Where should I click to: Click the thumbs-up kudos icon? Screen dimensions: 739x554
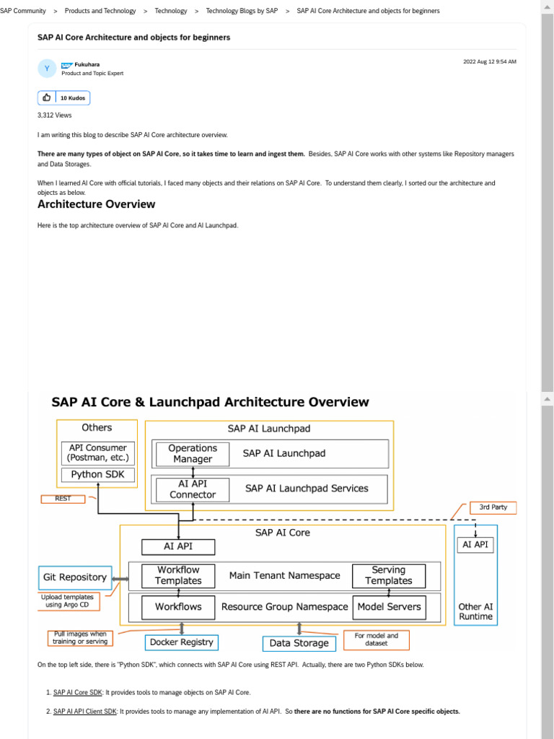click(48, 97)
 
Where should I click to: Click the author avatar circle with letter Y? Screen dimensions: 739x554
click(47, 69)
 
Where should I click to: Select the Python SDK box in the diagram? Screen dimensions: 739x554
click(97, 475)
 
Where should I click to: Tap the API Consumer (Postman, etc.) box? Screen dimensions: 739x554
click(97, 452)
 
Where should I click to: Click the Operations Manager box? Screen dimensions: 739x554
click(192, 453)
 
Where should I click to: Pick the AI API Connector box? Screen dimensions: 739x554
click(192, 489)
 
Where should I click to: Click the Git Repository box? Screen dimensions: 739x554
click(75, 577)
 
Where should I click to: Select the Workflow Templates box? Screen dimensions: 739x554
click(178, 575)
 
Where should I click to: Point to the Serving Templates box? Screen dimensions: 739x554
click(388, 575)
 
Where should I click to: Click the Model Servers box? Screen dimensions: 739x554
click(389, 607)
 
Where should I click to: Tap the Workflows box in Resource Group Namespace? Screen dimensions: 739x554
click(178, 607)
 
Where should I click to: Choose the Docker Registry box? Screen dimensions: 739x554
click(181, 642)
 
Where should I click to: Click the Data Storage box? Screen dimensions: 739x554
click(299, 643)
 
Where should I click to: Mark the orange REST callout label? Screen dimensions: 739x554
click(63, 499)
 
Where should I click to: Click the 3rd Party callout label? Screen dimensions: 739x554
click(493, 507)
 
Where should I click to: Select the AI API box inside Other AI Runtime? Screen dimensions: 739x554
click(475, 545)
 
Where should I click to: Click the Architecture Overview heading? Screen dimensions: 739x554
click(96, 204)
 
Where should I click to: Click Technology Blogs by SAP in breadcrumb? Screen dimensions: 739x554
click(242, 11)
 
